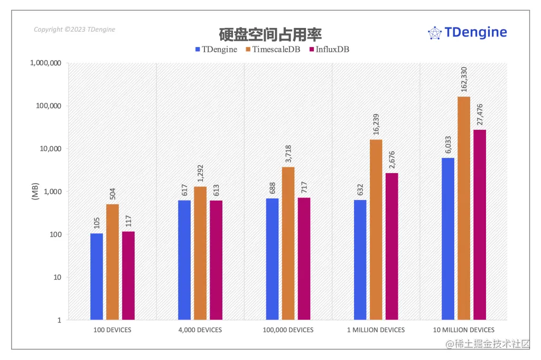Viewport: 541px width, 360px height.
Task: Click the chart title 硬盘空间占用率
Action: (x=270, y=34)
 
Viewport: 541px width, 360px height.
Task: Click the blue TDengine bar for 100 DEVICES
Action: (x=97, y=276)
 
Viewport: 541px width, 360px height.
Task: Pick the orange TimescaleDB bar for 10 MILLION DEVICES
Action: (x=464, y=208)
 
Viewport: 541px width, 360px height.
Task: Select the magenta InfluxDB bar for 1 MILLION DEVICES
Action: (x=391, y=246)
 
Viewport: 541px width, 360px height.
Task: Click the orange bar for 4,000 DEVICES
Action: (x=200, y=253)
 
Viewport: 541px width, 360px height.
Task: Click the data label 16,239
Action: (x=376, y=123)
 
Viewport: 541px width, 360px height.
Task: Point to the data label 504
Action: (x=113, y=194)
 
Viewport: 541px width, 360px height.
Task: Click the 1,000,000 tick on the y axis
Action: (x=45, y=63)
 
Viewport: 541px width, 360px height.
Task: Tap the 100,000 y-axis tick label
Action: (x=48, y=106)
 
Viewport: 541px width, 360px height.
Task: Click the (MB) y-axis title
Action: (x=35, y=192)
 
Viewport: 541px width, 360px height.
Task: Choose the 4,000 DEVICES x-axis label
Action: (x=200, y=330)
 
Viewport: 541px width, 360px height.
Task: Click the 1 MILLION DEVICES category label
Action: (x=376, y=330)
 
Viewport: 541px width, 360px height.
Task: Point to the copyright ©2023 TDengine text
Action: (x=74, y=30)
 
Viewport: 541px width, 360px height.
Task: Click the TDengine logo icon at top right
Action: (x=434, y=33)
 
